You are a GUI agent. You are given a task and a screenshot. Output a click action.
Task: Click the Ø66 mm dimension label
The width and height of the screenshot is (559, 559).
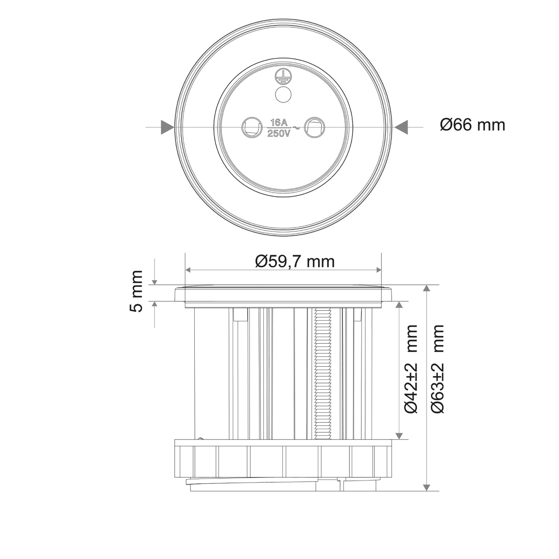coord(473,125)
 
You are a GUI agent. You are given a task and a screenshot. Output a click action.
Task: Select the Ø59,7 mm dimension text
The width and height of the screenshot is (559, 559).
coord(295,262)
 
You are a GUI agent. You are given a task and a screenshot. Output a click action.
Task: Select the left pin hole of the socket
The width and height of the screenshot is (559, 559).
coord(251,127)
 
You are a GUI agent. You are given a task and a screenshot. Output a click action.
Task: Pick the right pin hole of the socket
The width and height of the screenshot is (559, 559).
coord(314,127)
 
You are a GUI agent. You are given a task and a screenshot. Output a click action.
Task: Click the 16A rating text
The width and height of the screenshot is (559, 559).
coord(278,123)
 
